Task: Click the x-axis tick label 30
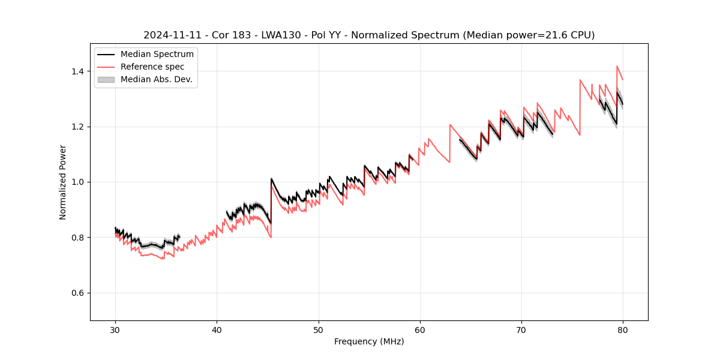115,330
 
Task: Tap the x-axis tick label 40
217,330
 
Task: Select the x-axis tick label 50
319,330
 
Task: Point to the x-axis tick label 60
420,330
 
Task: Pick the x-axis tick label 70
521,330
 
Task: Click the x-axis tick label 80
623,330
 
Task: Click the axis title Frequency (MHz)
369,341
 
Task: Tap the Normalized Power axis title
63,182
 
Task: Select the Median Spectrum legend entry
157,55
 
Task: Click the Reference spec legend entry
152,67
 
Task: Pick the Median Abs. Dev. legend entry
156,79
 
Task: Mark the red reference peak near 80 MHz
617,67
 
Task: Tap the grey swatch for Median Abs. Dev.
106,79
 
